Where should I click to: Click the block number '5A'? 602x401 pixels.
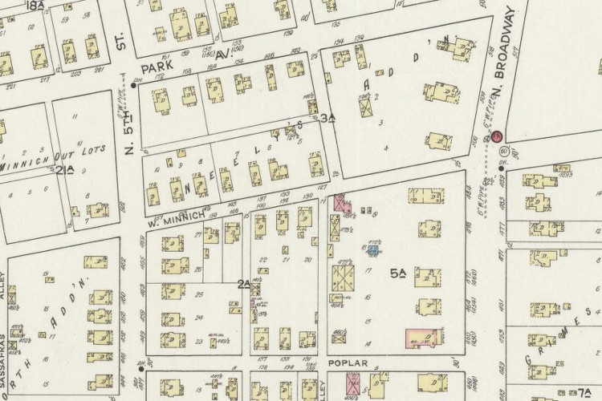tap(399, 273)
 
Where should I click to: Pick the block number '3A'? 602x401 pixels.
tap(327, 119)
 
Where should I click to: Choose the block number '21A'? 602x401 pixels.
tap(64, 169)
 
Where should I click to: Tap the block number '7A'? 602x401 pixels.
tap(584, 392)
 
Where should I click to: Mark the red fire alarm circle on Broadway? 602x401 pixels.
tap(497, 136)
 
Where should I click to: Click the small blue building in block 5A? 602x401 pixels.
tap(372, 250)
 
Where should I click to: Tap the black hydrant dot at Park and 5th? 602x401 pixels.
tap(133, 84)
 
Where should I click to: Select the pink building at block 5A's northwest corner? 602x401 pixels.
tap(342, 203)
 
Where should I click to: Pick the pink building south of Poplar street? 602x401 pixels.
tap(353, 384)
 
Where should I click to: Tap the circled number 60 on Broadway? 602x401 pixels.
tap(503, 150)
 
